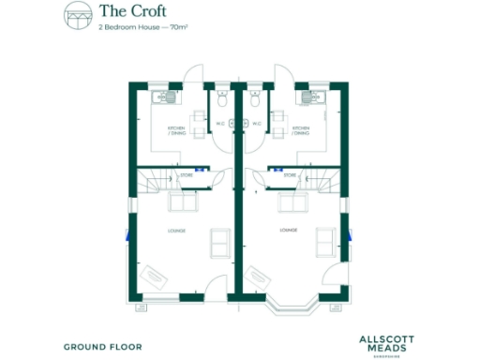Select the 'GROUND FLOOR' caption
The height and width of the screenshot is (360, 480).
(103, 346)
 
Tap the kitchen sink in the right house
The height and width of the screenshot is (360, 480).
(304, 96)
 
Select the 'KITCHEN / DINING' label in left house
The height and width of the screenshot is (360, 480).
(176, 130)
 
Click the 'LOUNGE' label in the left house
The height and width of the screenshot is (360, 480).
(176, 231)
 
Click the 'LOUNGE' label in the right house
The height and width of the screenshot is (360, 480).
(289, 230)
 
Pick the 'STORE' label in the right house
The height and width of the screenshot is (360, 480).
(290, 174)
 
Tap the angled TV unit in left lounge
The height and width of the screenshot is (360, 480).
(155, 276)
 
